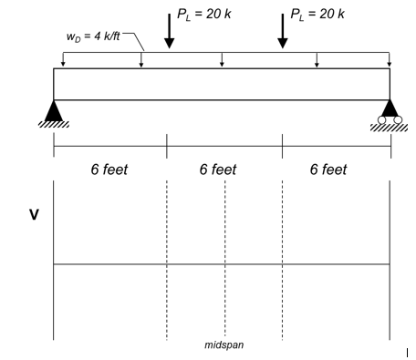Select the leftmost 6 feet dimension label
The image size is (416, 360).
tap(109, 170)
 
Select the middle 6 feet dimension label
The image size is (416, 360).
tap(224, 170)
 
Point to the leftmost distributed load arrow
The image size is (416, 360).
tap(63, 61)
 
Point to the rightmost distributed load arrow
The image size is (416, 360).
tap(390, 61)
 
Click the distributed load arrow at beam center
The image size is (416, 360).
tap(223, 61)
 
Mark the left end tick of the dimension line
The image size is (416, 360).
tap(54, 145)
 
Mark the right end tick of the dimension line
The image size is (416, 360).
tap(390, 145)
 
